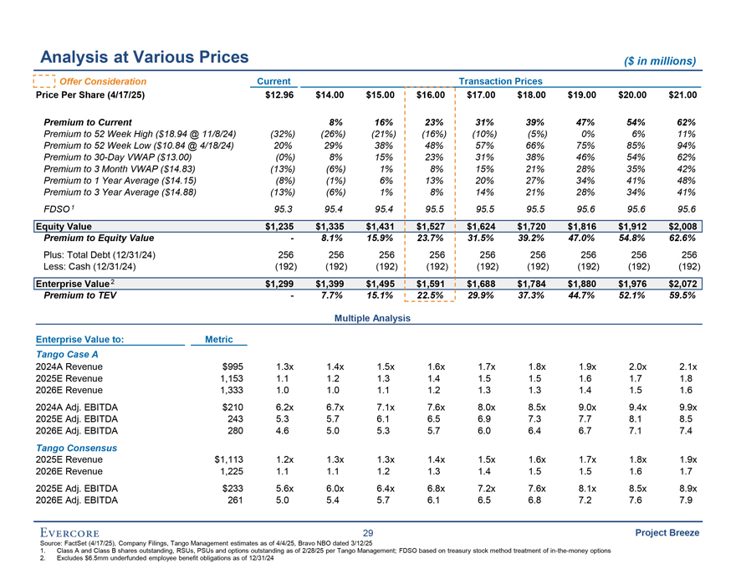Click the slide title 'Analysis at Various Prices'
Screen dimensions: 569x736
[144, 57]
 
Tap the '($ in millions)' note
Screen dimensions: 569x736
[661, 60]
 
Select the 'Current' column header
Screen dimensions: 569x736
[273, 81]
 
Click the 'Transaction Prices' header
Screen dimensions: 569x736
[501, 81]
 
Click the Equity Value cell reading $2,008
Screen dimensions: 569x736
[679, 226]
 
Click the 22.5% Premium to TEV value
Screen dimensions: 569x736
[428, 295]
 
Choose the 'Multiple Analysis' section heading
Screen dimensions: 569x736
[372, 319]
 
